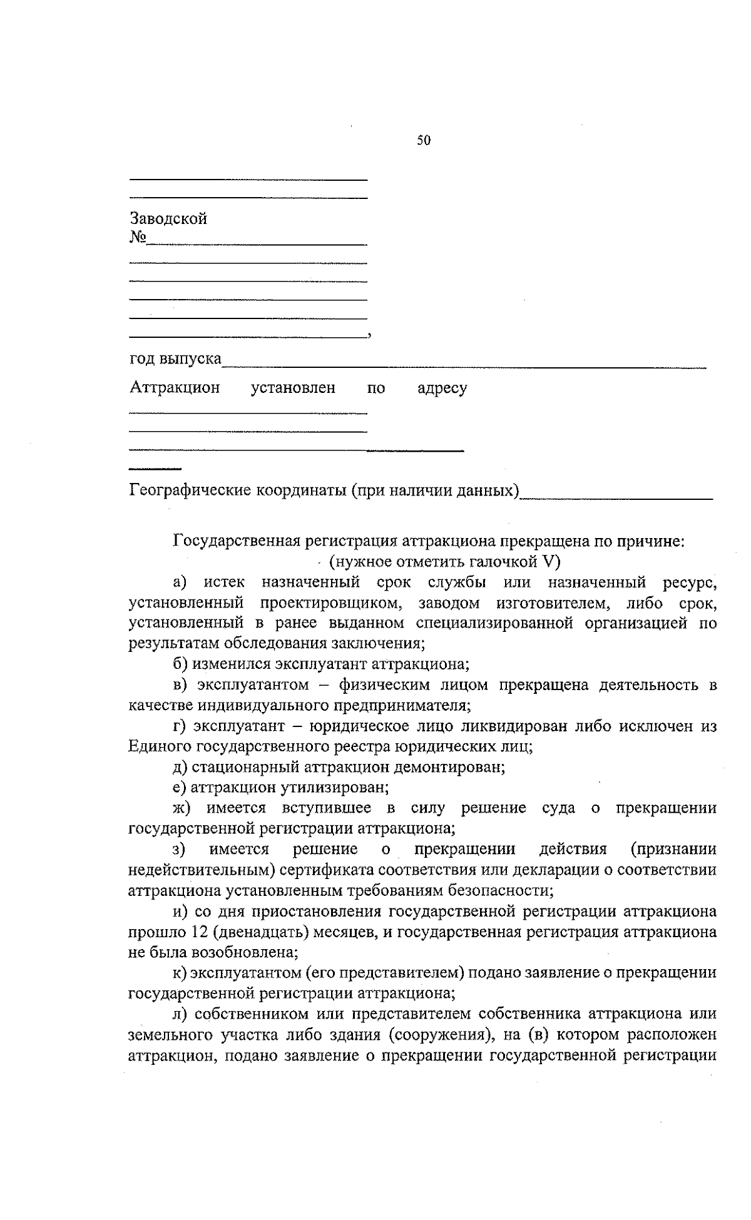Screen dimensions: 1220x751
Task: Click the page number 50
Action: [424, 141]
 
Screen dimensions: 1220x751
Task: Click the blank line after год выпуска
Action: [463, 363]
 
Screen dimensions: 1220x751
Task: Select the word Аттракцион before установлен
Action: [175, 388]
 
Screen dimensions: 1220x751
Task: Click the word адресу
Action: [442, 389]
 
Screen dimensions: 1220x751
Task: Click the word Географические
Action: [191, 490]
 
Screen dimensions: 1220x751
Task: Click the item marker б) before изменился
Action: [180, 664]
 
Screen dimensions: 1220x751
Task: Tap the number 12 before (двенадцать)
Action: [202, 932]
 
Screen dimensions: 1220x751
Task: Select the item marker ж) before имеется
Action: [181, 808]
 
